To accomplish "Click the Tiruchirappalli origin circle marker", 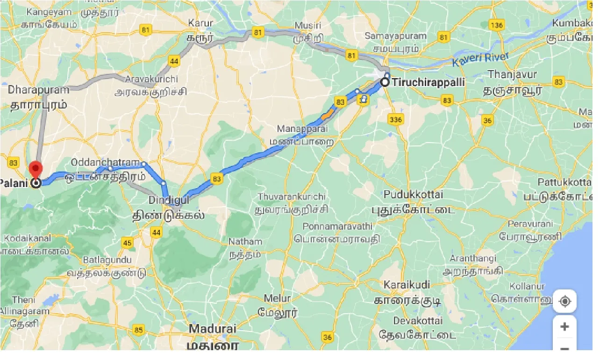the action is [x=385, y=82].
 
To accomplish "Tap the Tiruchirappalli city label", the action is [x=429, y=83].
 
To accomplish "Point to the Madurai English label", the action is [x=213, y=329].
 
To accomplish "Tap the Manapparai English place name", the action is [x=302, y=129].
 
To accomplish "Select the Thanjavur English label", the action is [x=512, y=74].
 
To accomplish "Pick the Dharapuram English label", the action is [x=38, y=89].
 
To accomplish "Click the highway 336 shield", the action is [x=395, y=120].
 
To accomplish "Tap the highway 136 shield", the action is [x=497, y=24].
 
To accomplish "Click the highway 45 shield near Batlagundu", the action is [x=128, y=242].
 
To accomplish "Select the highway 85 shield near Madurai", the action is [x=138, y=331].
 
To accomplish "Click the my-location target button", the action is [x=564, y=302].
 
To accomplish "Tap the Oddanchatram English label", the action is [x=106, y=162].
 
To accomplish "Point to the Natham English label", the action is [x=245, y=242].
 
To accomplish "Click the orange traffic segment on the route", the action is [x=329, y=113].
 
